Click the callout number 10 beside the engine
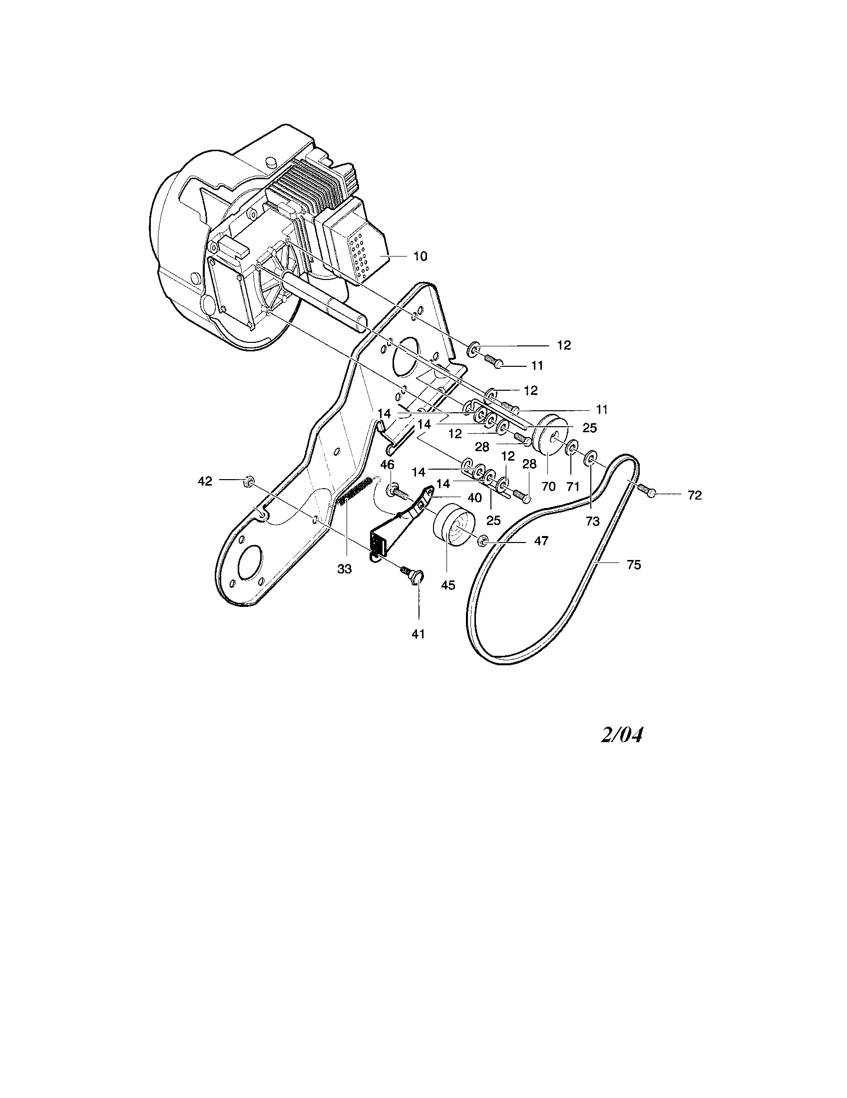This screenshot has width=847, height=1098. coord(420,257)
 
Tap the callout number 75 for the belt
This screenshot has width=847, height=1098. coord(634,564)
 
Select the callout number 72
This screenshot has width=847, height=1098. coord(694,495)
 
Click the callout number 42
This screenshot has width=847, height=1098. coord(205,481)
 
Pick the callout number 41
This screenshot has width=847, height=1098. coord(418,634)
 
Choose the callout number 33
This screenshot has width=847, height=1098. coord(345,569)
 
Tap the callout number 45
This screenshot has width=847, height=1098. coord(447,585)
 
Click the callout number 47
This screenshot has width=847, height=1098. coord(541,541)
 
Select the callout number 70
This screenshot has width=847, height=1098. coord(548,486)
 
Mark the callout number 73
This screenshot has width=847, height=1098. coord(592,522)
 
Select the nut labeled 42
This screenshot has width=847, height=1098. coord(247,481)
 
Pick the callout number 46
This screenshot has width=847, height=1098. coord(387,464)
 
